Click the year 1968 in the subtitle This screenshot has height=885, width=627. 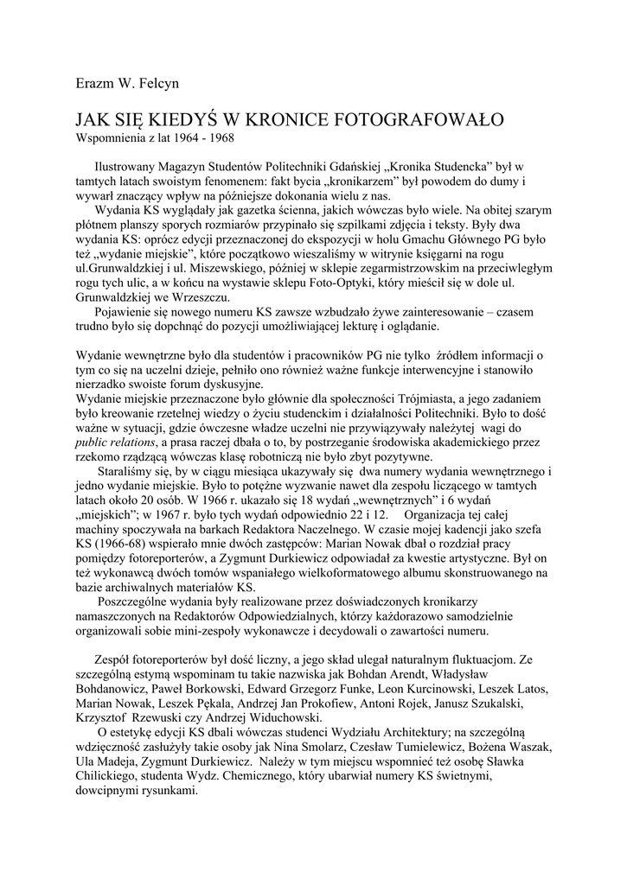coord(221,137)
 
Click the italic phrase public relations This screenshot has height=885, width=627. coord(118,443)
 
